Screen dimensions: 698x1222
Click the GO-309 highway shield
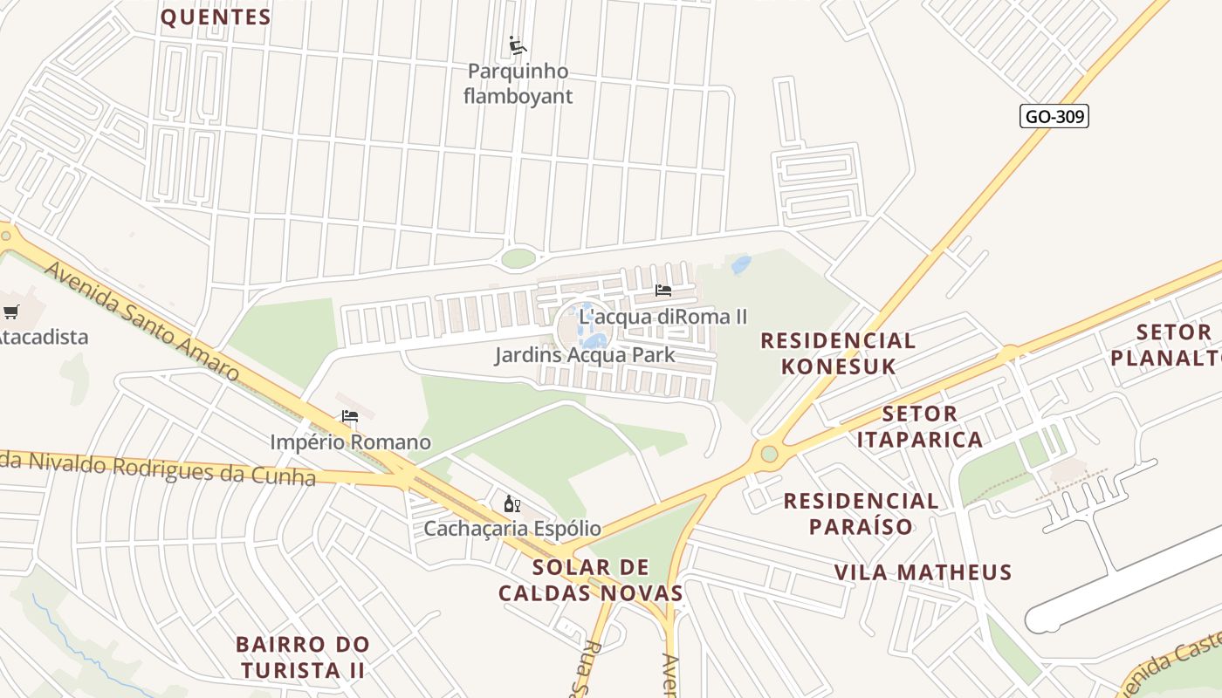pos(1054,116)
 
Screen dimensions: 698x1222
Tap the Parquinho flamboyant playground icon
pos(518,44)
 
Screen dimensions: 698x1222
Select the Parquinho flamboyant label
pos(518,84)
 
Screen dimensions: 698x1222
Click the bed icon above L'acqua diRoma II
pos(663,291)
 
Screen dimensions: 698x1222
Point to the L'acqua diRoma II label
pos(663,317)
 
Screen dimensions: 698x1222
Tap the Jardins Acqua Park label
pos(585,355)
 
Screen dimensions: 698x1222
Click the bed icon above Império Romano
pos(350,416)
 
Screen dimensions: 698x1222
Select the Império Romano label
pos(350,442)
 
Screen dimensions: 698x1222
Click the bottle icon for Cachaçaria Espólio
pos(512,503)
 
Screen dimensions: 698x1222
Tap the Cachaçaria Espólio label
pos(512,529)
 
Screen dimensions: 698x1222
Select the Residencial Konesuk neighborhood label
pos(838,352)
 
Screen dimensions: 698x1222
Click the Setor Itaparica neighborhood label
pos(919,426)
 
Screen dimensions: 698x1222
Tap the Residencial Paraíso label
pos(861,513)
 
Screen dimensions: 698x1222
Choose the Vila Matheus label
pos(923,572)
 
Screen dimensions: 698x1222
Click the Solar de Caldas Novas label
pos(591,580)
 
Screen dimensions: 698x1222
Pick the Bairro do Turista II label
pos(303,657)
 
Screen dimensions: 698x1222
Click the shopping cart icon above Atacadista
pos(10,311)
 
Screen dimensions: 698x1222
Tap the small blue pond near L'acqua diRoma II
pos(741,264)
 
